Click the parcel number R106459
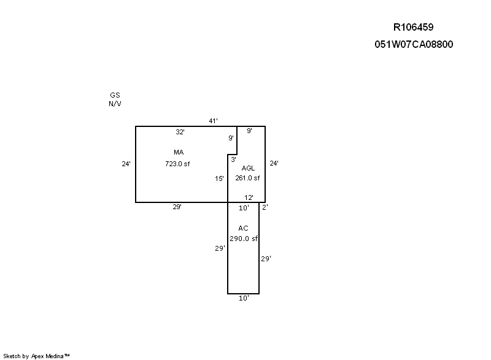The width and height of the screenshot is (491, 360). pos(413,27)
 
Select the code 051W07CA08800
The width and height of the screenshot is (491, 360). pos(414,44)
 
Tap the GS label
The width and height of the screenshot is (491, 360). pos(115,95)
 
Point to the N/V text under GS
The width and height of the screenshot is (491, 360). pos(115,104)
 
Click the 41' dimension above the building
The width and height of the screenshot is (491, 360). pos(213,121)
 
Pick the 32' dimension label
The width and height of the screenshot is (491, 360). pos(180,132)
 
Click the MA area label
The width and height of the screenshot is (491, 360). pos(179,152)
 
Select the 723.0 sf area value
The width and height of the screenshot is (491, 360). pos(177,164)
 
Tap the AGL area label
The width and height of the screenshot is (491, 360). pos(248,168)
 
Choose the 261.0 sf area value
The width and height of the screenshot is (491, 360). pos(247,178)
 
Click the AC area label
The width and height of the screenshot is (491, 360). pos(243,228)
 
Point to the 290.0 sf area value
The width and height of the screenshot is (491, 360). pos(244,239)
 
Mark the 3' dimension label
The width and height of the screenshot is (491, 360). pos(234,159)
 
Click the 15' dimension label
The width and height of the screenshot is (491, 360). pos(219,178)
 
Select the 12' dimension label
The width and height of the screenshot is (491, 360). pos(249,197)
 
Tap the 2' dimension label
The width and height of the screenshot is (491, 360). pos(265,207)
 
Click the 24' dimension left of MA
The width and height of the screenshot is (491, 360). pos(126,164)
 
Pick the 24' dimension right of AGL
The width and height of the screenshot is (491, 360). pos(274,163)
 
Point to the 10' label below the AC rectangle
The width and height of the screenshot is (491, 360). pos(244,299)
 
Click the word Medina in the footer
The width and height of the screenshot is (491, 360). pos(55,356)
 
